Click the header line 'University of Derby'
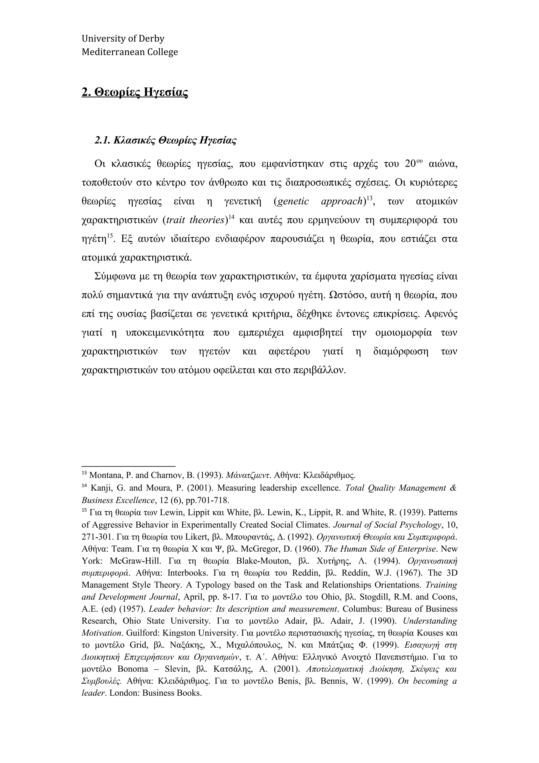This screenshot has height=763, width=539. pyautogui.click(x=123, y=39)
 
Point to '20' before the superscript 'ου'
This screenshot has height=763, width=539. pyautogui.click(x=411, y=164)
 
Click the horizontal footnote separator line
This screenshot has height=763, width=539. pyautogui.click(x=128, y=467)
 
